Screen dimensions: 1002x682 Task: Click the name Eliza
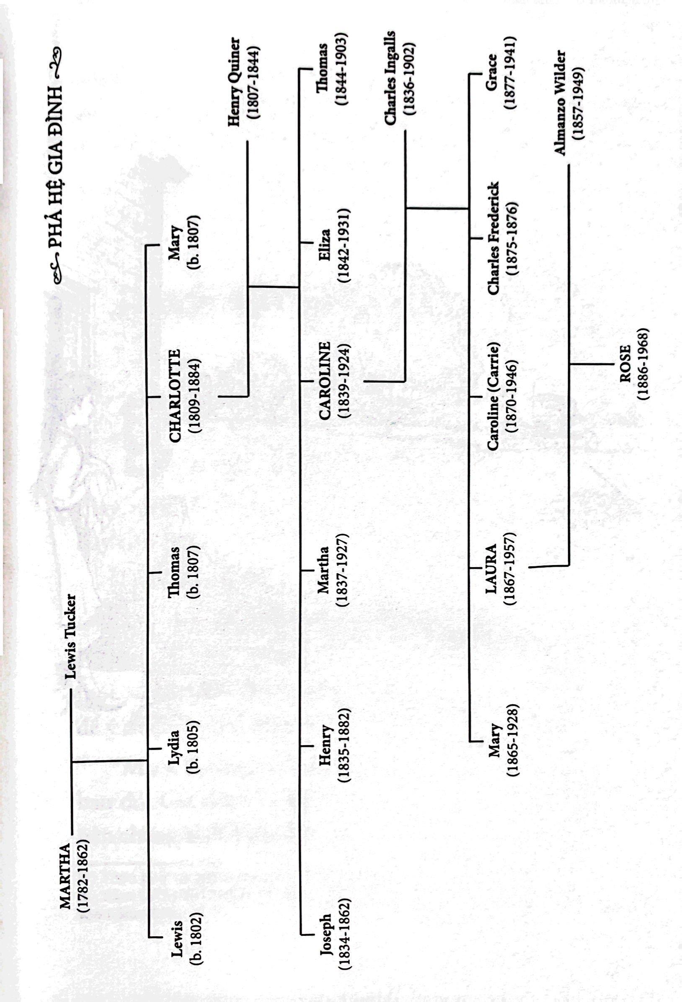coord(325,243)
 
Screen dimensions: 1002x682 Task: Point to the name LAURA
coord(491,568)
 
